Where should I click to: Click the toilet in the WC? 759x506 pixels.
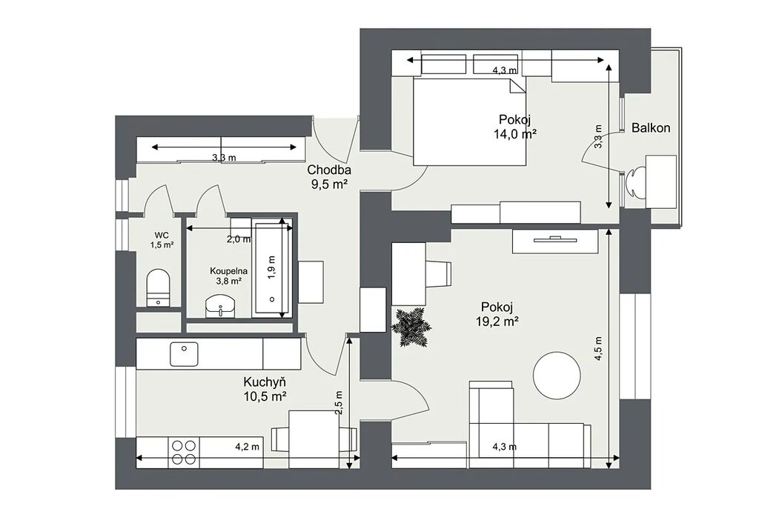point(159,288)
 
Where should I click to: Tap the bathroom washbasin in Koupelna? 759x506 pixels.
point(220,306)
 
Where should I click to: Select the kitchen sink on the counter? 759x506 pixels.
point(184,354)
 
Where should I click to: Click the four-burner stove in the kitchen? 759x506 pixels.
point(184,453)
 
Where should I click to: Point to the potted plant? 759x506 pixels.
point(411,327)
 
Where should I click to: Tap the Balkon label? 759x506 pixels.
point(651,127)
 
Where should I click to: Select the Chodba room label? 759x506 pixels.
point(329,170)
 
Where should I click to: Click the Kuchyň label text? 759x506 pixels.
point(265,382)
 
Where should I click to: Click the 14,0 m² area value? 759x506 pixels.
point(515,134)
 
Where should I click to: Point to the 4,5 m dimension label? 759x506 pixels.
point(599,348)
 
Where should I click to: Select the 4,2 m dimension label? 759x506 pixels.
point(248,447)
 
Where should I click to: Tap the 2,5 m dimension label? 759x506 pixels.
point(339,403)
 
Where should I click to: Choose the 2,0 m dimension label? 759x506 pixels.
point(239,239)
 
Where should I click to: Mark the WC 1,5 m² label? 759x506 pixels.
point(162,240)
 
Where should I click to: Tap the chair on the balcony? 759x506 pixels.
point(635,182)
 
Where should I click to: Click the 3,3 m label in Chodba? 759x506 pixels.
point(224,157)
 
